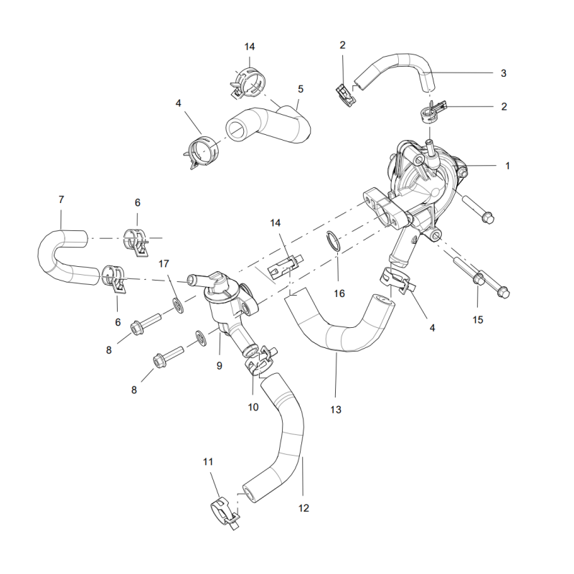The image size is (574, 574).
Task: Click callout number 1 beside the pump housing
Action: [507, 166]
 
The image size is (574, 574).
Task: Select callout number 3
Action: [504, 73]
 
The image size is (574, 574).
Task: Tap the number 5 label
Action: [301, 89]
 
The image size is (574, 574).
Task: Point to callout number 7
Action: [61, 199]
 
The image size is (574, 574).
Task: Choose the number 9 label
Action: [220, 365]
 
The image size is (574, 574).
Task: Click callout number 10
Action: [253, 407]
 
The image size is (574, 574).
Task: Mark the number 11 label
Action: [209, 463]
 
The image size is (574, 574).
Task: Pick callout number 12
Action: [304, 508]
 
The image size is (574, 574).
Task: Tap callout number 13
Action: [336, 410]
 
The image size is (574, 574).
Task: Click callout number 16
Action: [339, 293]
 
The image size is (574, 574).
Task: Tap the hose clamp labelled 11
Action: [225, 511]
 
